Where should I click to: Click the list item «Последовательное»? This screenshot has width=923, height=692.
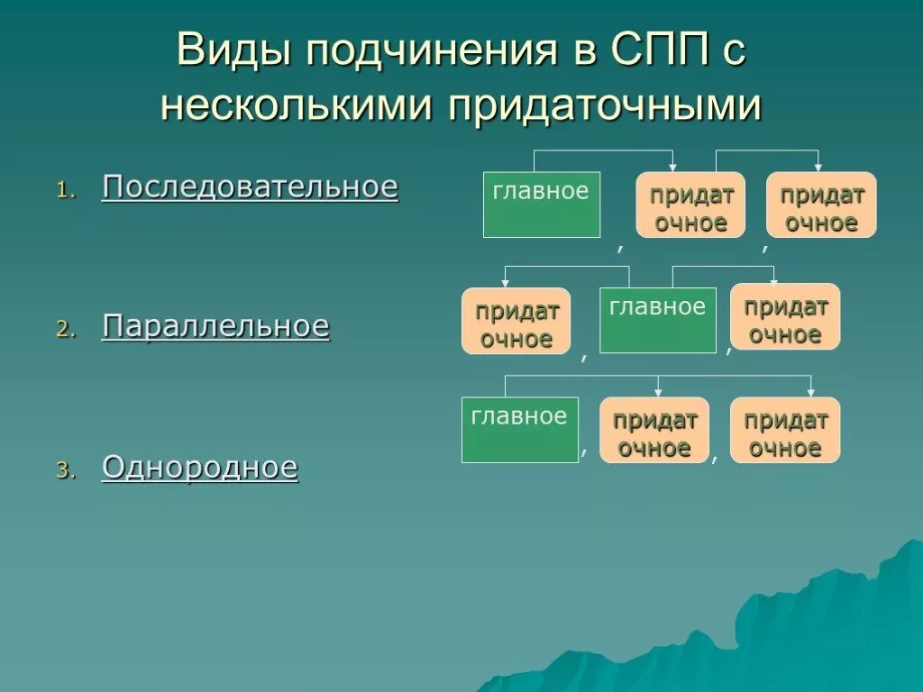click(250, 187)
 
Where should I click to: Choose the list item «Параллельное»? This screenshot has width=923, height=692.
click(216, 326)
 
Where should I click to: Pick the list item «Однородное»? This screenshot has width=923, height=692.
click(200, 468)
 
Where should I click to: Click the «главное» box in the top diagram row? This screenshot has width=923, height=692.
click(541, 205)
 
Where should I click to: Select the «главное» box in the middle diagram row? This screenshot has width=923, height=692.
click(658, 320)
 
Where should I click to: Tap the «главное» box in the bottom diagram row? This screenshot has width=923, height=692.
click(520, 430)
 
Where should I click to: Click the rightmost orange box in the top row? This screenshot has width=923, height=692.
click(821, 205)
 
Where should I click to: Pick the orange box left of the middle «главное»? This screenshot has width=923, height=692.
click(516, 322)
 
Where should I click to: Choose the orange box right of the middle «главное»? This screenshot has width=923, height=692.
click(785, 317)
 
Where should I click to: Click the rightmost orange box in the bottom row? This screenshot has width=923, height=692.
click(785, 431)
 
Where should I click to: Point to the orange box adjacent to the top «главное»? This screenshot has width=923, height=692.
click(691, 205)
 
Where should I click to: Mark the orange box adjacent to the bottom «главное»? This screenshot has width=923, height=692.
click(654, 431)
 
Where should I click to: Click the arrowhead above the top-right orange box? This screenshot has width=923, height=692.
click(818, 167)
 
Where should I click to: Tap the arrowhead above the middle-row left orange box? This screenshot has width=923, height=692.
click(506, 283)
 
